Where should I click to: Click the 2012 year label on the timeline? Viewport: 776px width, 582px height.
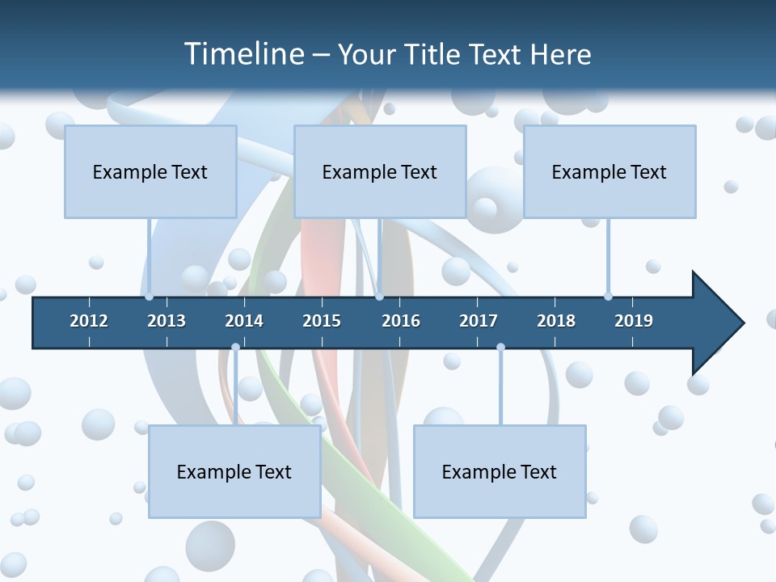coord(89,321)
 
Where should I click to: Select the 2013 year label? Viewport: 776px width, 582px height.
coord(167,321)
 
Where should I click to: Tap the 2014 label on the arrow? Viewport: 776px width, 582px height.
coord(244,321)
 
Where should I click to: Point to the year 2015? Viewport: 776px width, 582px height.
coord(322,321)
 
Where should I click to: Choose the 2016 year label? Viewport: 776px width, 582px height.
coord(401,321)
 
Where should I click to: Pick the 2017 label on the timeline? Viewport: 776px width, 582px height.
coord(479,321)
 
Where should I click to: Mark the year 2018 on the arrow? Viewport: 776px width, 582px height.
coord(556,321)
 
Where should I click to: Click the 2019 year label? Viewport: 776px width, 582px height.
coord(634,321)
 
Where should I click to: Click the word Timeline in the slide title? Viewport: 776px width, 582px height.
coord(242,54)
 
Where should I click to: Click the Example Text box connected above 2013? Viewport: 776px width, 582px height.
coord(150,171)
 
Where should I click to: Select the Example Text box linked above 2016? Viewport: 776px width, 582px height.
coord(380,171)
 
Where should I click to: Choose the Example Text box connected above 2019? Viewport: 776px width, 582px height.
coord(609,171)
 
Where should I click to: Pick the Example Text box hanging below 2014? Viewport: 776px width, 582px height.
coord(234,471)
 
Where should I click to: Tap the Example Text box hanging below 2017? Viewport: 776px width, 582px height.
coord(500,471)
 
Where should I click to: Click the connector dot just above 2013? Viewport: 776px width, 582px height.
coord(149,297)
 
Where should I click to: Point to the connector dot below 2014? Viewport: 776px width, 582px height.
coord(235,347)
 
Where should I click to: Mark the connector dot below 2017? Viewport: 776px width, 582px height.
coord(500,347)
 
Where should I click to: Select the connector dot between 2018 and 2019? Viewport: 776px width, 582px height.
coord(608,297)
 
